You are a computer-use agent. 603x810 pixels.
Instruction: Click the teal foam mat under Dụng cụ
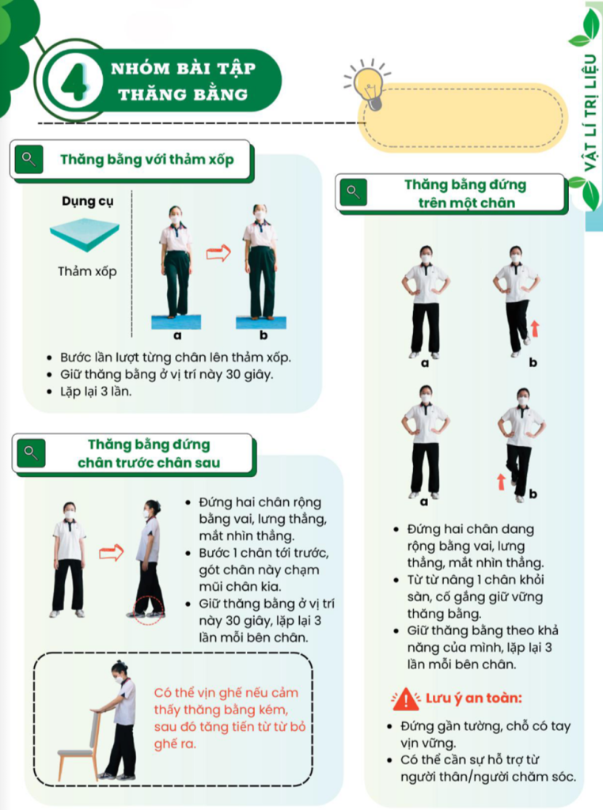point(85,234)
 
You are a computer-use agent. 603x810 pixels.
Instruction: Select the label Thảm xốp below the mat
point(87,271)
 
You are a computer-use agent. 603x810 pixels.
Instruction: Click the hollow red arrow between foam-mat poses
point(218,252)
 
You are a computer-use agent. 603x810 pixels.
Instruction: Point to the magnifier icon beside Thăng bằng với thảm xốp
point(29,159)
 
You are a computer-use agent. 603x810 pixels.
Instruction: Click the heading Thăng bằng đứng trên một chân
point(465,193)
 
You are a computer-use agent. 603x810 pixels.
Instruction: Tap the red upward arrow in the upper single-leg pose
point(535,328)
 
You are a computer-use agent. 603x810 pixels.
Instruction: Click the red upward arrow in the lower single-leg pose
point(501,482)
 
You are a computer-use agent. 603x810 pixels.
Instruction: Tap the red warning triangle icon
point(406,699)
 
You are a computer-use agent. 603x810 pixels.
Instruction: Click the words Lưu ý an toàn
point(474,698)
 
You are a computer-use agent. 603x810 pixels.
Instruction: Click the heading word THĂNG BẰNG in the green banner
point(183,95)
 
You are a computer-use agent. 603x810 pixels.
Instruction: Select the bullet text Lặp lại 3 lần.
point(96,392)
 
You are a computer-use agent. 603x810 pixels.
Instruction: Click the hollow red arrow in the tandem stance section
point(111,553)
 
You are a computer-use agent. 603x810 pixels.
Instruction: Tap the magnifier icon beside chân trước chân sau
point(31,453)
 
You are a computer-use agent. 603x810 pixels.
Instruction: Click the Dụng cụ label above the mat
point(87,201)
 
